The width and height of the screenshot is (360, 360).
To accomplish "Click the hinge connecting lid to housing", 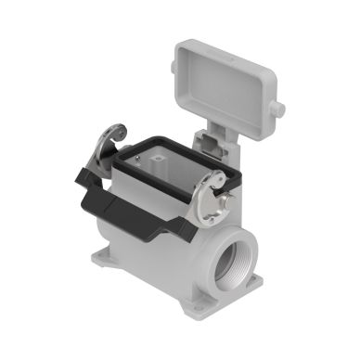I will point(208,139).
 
